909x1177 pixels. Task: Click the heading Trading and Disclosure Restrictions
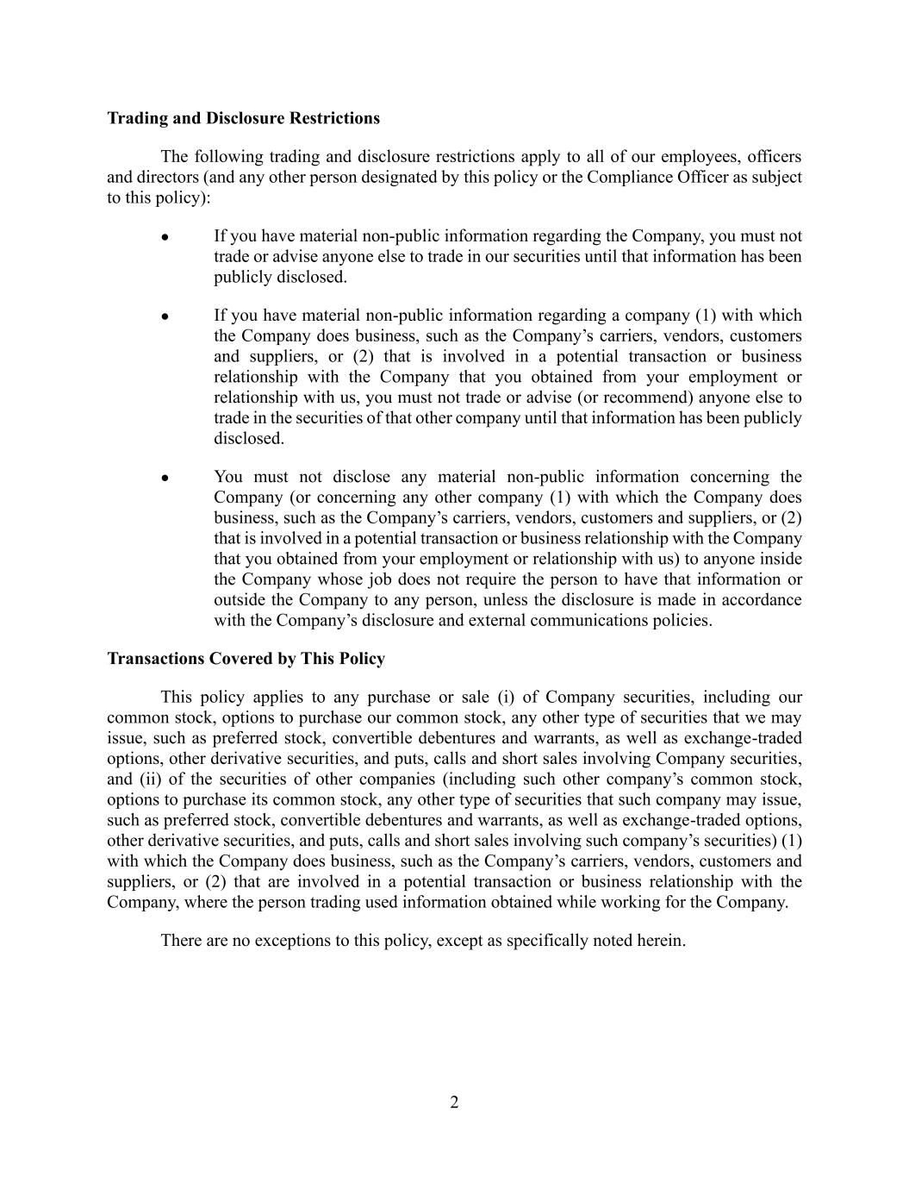(243, 118)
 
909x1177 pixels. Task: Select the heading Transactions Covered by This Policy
(246, 659)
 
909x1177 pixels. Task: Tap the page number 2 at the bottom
(454, 1102)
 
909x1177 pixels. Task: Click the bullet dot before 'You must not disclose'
(164, 478)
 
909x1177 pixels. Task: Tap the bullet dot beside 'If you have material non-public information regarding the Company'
(164, 237)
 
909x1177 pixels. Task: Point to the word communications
(576, 621)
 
